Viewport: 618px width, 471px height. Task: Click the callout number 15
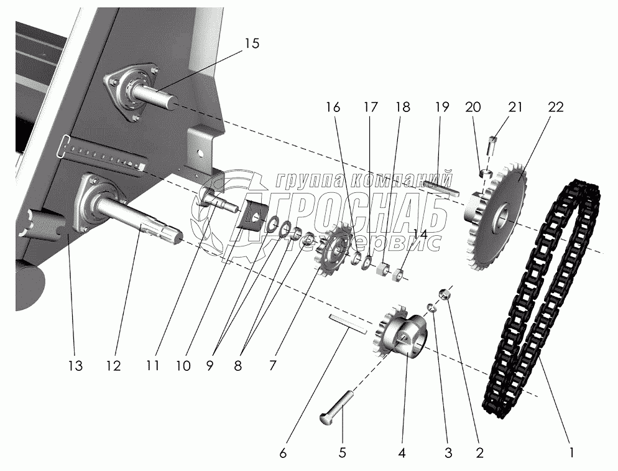coord(252,44)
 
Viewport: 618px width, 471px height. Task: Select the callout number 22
coord(555,106)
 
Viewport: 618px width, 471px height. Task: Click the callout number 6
coord(284,454)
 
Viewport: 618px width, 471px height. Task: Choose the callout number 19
coord(442,106)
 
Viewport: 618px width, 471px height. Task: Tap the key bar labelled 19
coord(443,185)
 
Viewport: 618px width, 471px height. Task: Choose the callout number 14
coord(420,235)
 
